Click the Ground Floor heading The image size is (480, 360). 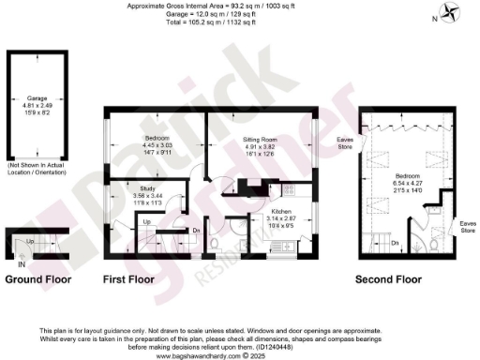tap(35, 278)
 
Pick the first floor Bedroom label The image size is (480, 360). tap(130, 139)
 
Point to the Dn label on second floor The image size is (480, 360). tap(396, 244)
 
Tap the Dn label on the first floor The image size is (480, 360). tap(196, 231)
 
